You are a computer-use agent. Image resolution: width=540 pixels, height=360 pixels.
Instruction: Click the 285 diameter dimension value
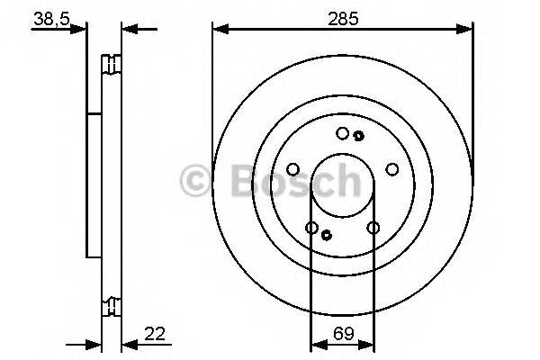tap(342, 16)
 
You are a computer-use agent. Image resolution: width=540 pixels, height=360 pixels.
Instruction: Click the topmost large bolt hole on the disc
tap(342, 133)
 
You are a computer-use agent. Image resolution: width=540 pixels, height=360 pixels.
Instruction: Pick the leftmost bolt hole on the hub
tap(292, 168)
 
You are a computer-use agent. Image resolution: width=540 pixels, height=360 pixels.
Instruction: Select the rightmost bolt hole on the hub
tap(391, 168)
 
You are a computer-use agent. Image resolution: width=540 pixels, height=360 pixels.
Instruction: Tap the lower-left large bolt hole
tap(311, 228)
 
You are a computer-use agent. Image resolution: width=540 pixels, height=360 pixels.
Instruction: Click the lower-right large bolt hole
tap(373, 228)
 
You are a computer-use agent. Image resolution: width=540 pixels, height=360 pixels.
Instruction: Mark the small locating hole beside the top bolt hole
tap(358, 136)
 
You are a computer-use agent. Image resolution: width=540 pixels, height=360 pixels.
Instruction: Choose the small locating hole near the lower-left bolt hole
tap(326, 236)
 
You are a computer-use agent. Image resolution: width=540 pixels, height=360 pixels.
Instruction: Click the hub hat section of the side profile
tap(94, 184)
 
